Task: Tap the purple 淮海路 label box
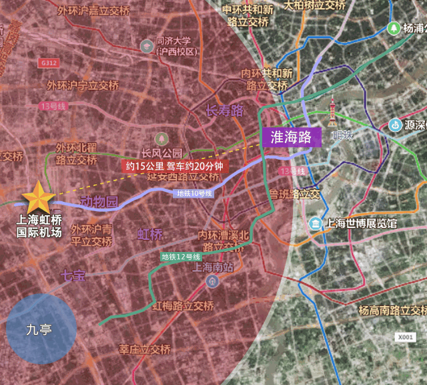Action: [x=292, y=137]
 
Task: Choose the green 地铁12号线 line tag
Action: [x=181, y=257]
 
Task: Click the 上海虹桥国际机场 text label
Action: [x=39, y=227]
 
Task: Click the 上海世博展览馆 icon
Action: [x=314, y=223]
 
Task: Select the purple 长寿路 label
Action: [x=226, y=111]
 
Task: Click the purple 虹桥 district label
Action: [x=149, y=234]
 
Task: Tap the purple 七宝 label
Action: [x=73, y=275]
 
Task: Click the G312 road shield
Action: [x=48, y=62]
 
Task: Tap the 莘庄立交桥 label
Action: [x=145, y=349]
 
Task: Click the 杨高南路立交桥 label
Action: [x=392, y=311]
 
